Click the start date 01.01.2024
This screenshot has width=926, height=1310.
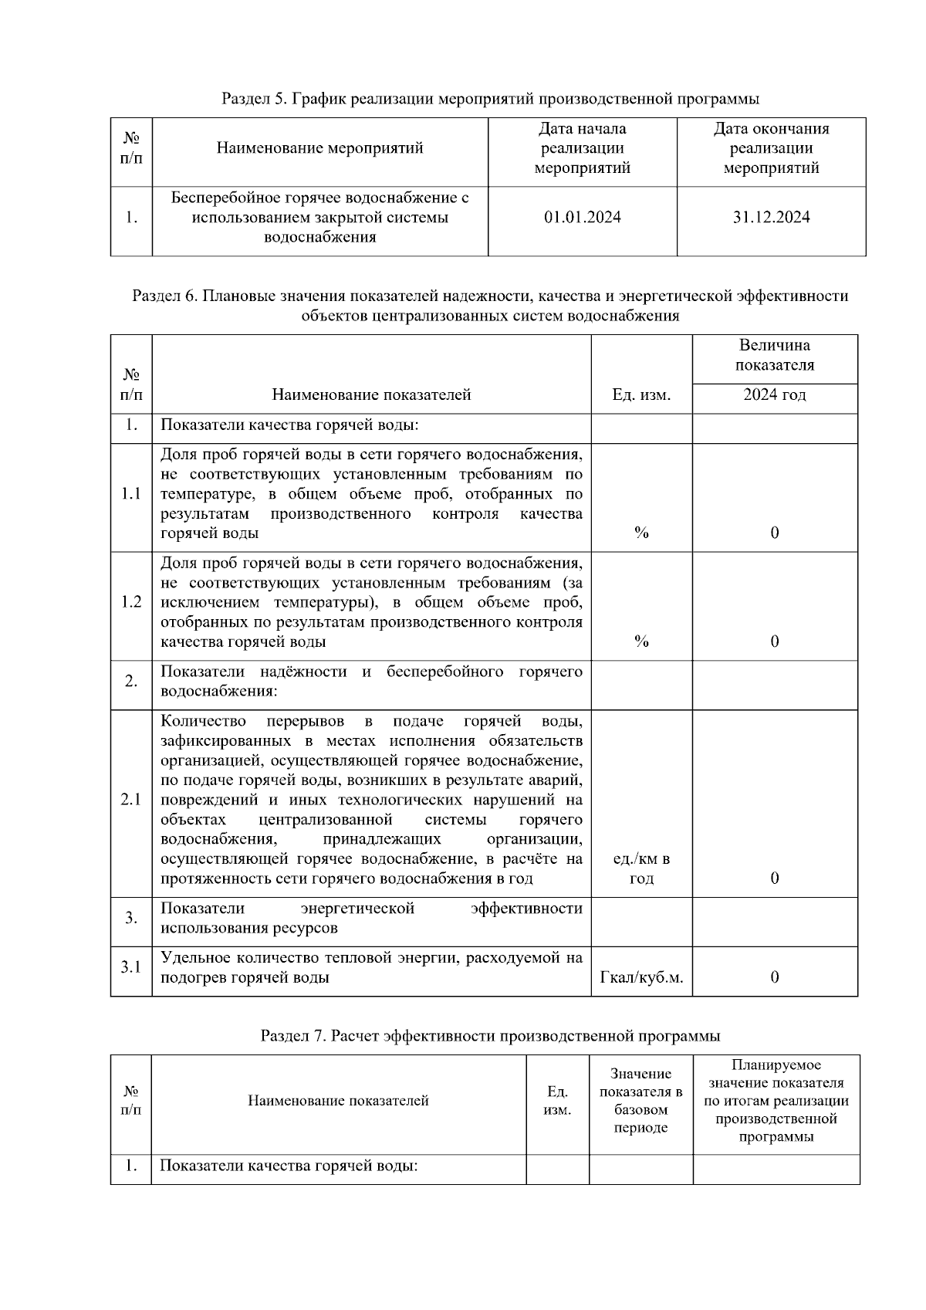(x=582, y=218)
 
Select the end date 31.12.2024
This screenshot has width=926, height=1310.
(x=771, y=218)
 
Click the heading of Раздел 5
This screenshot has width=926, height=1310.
(x=490, y=99)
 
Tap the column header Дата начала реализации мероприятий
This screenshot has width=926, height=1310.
(x=582, y=148)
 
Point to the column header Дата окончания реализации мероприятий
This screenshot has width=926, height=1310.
(x=771, y=148)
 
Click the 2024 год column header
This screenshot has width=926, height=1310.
(x=774, y=395)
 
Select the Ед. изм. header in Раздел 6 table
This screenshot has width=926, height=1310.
(x=641, y=395)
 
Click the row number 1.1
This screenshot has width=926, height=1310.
(x=131, y=494)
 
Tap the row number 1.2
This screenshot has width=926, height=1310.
(x=131, y=602)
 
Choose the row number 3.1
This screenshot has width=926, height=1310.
(x=131, y=966)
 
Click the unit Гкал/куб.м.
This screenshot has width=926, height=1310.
(x=641, y=977)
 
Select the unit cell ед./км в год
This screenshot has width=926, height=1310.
(x=641, y=868)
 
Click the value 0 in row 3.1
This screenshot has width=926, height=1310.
(x=775, y=977)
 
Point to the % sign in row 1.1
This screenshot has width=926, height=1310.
(x=641, y=533)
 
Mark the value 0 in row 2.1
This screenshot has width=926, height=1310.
(x=775, y=878)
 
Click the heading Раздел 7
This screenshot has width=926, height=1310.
(x=490, y=1035)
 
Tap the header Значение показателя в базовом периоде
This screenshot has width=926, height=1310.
(x=640, y=1101)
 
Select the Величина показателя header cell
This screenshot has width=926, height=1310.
(x=774, y=355)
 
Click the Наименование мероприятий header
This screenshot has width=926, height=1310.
(x=319, y=148)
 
